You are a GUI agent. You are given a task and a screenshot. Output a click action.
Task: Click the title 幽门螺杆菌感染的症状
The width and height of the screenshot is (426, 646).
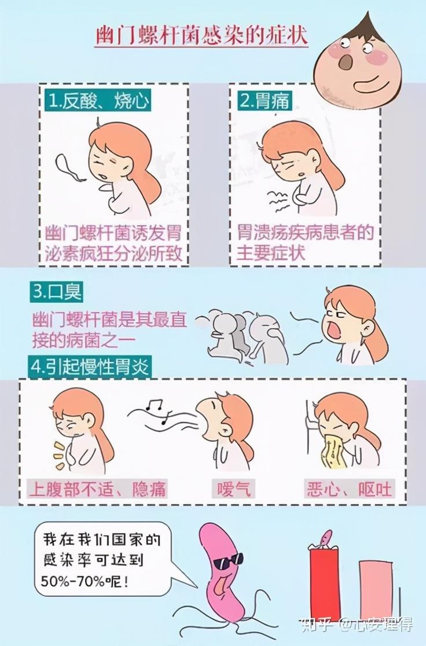(201, 36)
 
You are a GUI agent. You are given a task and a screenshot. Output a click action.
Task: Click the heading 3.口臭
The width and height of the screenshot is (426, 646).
(56, 292)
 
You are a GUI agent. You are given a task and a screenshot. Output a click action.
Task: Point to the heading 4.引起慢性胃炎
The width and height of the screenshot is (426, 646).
(90, 366)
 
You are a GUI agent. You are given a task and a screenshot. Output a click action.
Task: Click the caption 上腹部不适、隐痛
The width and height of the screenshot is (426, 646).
(97, 490)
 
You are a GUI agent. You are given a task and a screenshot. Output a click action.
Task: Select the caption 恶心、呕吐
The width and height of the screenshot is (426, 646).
(349, 490)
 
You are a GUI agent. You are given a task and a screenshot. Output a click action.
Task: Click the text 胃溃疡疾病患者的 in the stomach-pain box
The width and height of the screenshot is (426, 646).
(305, 234)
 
